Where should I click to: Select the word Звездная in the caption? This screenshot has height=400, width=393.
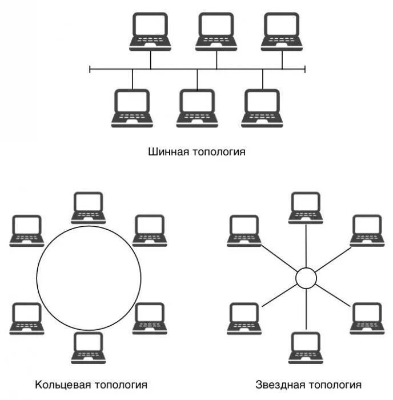(277, 385)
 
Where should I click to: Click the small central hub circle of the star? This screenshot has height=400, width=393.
(306, 278)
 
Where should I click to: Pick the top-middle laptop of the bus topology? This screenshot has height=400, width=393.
(216, 31)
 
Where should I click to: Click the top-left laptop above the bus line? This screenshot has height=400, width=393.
(150, 31)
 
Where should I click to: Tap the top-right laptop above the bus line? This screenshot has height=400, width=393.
(282, 31)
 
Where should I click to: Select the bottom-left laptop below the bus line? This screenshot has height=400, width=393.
(133, 107)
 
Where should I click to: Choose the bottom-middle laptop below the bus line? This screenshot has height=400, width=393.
(197, 107)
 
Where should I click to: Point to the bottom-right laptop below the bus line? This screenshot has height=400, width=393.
(262, 107)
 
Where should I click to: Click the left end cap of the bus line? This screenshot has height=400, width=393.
(90, 70)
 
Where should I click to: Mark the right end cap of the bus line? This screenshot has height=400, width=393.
(305, 70)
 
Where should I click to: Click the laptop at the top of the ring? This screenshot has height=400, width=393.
(89, 207)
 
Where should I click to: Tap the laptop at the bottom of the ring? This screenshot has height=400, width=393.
(89, 347)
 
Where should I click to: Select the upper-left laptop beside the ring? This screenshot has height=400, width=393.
(27, 230)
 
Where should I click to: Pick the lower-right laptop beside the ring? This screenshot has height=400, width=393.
(150, 318)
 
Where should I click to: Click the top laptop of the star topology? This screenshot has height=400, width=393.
(306, 207)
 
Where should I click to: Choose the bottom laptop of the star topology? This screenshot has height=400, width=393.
(306, 347)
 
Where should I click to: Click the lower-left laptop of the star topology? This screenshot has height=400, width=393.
(244, 318)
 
